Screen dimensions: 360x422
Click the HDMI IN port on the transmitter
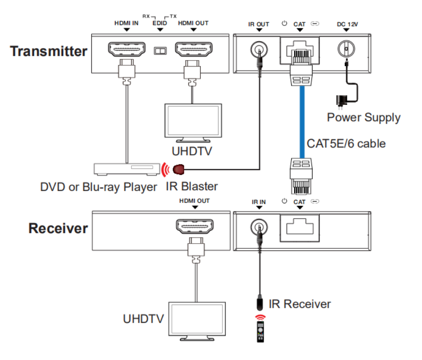click(x=126, y=51)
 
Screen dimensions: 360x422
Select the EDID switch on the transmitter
click(x=160, y=51)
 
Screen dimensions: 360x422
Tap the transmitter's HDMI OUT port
click(x=193, y=51)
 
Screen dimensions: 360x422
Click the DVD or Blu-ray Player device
click(x=126, y=169)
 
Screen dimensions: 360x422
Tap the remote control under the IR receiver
click(x=260, y=329)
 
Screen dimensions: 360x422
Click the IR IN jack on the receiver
click(x=259, y=227)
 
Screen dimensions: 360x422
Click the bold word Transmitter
click(x=48, y=51)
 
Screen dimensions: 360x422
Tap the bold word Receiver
click(x=58, y=228)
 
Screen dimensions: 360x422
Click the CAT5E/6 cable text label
click(x=346, y=143)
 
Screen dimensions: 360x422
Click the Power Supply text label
click(x=363, y=117)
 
